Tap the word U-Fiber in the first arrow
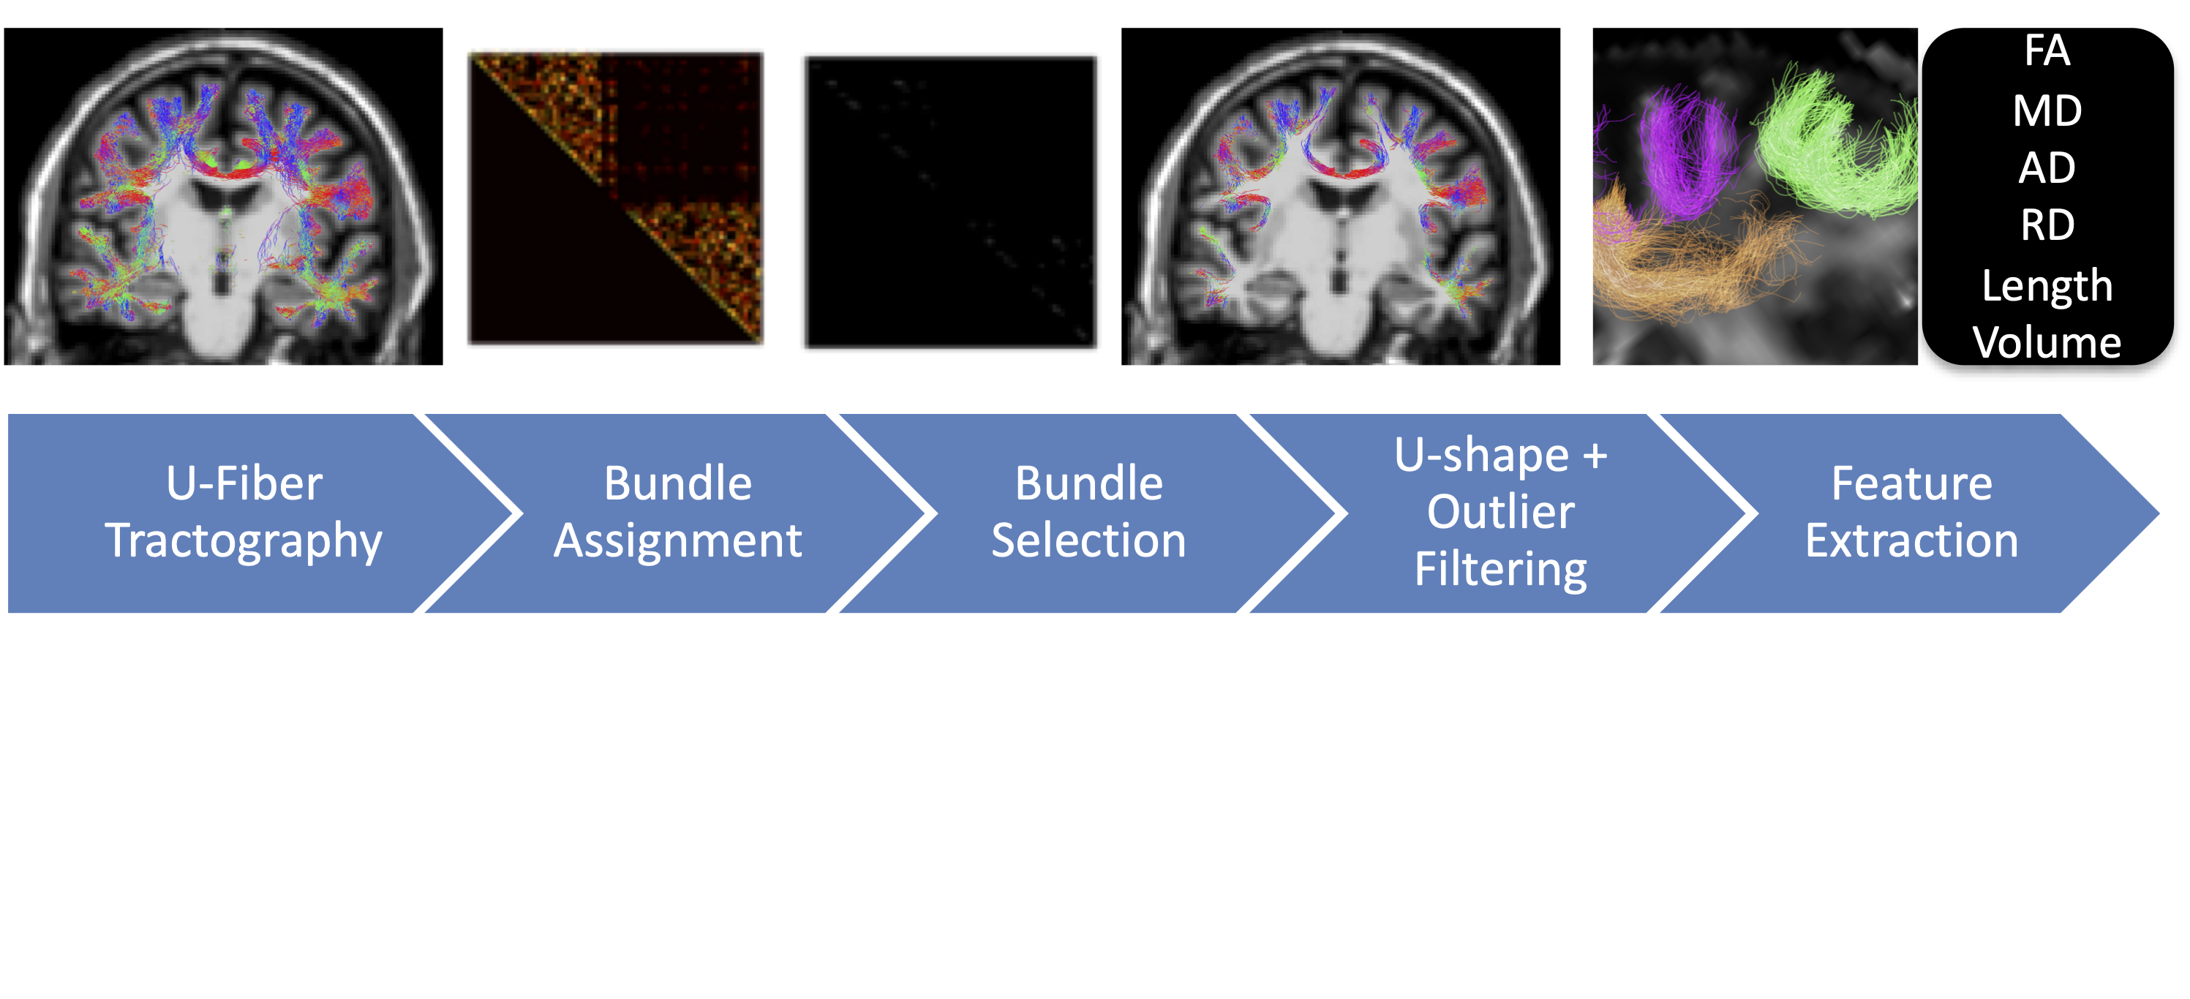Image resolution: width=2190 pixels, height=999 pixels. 244,483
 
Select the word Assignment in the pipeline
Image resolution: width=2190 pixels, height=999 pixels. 677,540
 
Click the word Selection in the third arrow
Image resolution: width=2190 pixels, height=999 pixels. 1088,540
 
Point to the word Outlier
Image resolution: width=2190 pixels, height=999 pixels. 1500,512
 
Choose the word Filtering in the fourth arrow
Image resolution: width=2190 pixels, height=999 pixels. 1500,569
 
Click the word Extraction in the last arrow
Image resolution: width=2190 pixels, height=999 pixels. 1911,540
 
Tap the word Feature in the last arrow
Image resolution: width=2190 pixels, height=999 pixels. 1911,483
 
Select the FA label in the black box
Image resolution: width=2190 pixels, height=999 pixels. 2047,51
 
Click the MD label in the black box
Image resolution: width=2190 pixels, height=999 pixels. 2047,111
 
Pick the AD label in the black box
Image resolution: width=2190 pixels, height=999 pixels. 2047,168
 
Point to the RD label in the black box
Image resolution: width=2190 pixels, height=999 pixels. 2047,225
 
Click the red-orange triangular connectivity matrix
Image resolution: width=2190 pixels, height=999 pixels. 615,198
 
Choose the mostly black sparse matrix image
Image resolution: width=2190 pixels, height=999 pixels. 950,202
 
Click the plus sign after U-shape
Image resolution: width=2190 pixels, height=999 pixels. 1595,456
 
